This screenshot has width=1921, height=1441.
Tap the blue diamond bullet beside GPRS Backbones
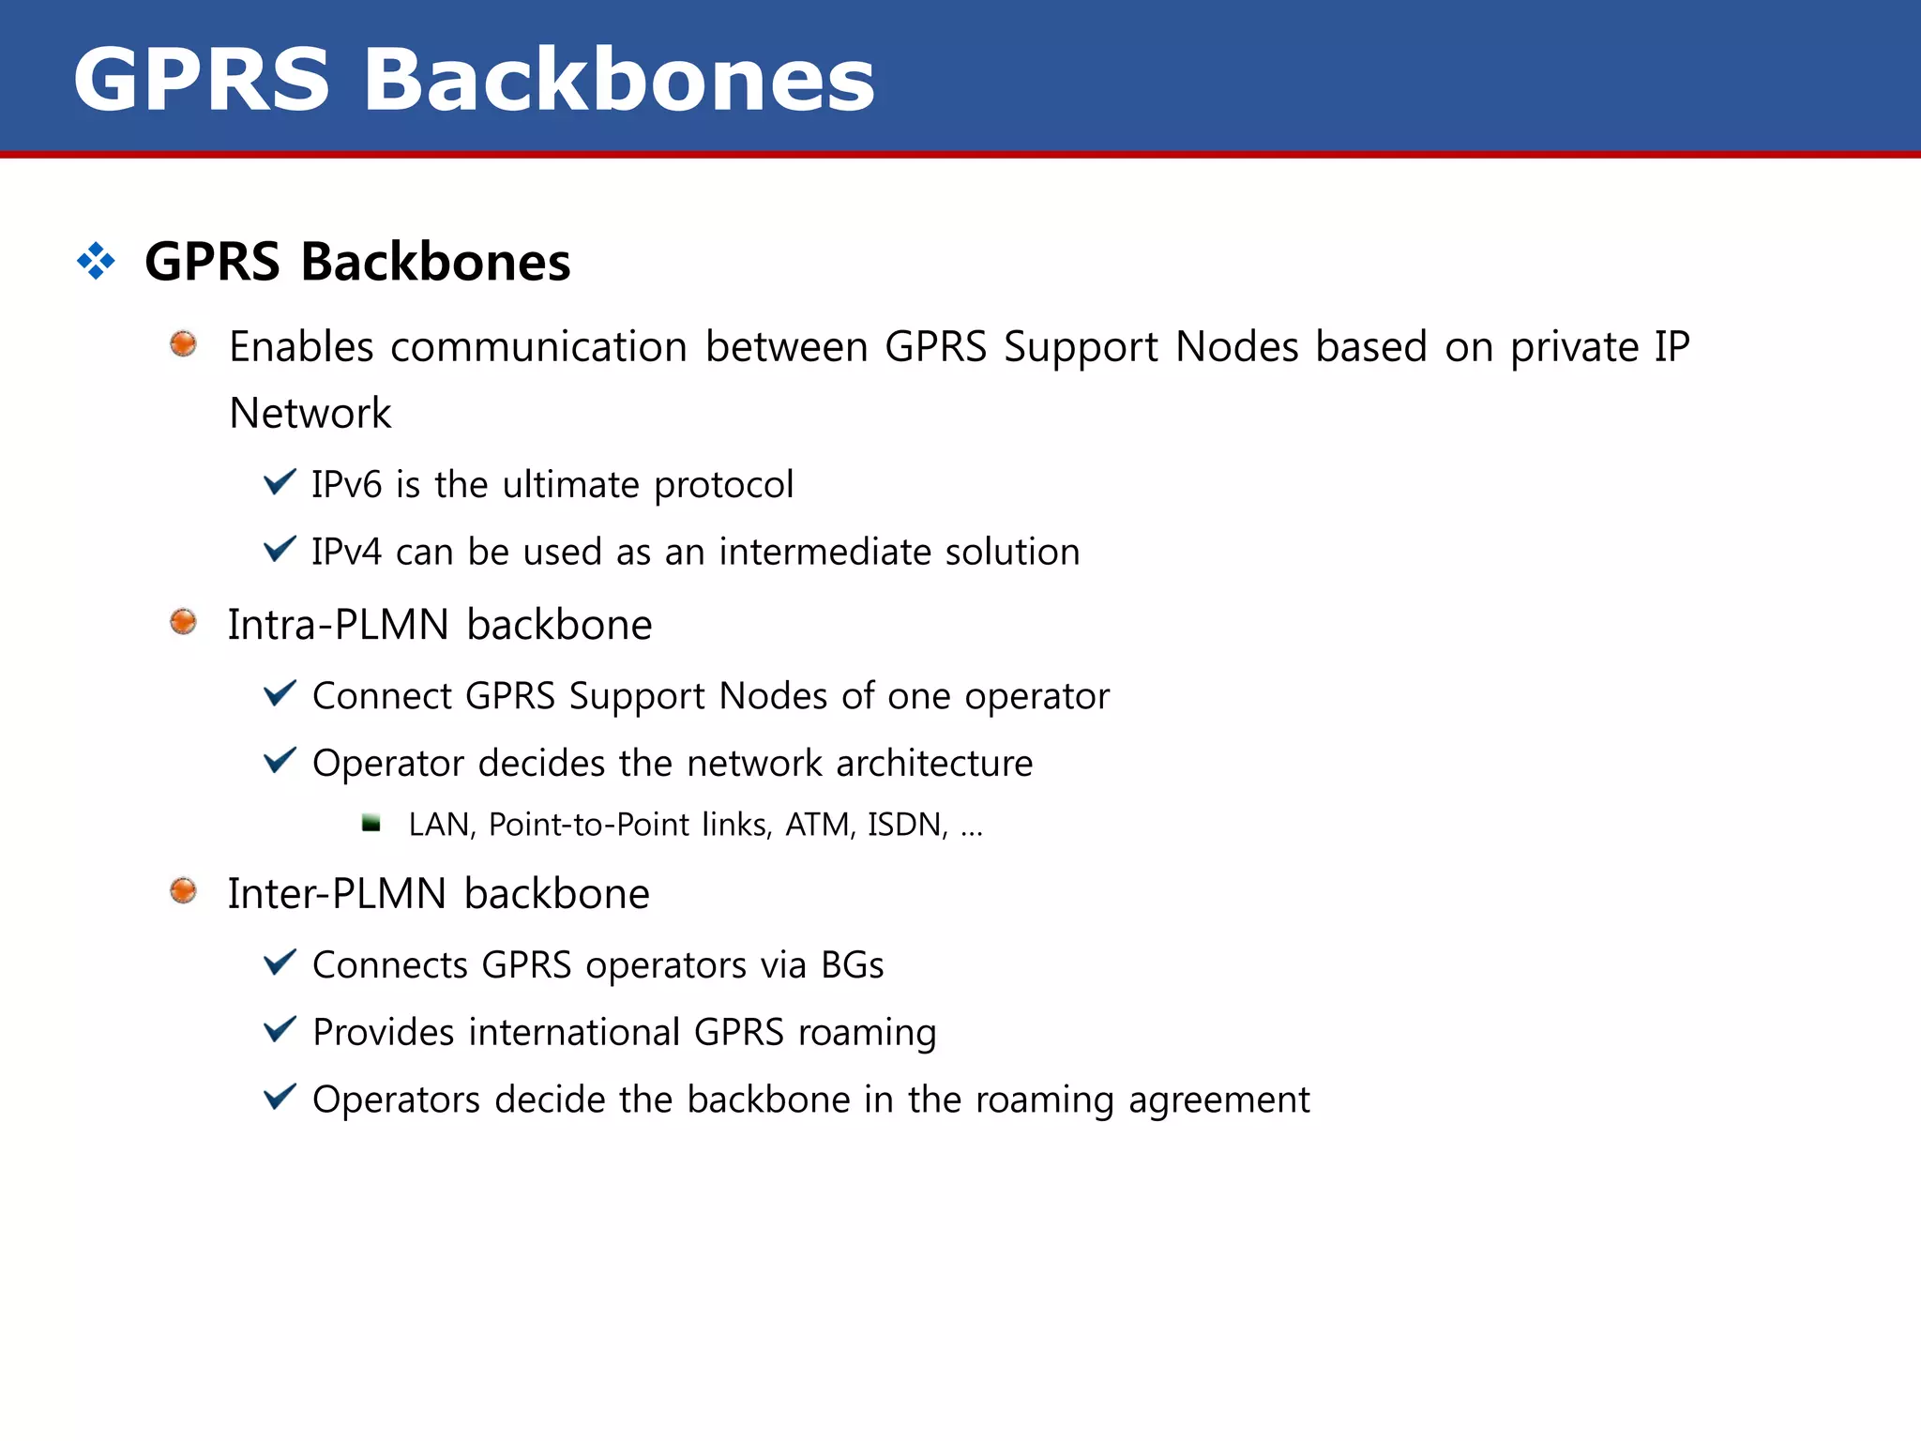[96, 261]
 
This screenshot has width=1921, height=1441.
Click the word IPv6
[346, 485]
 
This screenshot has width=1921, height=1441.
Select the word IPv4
[346, 553]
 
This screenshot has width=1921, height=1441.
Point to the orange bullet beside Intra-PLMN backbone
[183, 622]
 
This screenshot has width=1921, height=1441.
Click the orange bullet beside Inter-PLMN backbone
[183, 890]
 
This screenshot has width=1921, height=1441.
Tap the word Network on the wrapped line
[310, 414]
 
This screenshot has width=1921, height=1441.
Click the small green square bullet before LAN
[371, 824]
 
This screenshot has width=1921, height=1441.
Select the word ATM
[819, 825]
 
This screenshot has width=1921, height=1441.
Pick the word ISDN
[906, 825]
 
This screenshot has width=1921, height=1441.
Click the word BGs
[852, 965]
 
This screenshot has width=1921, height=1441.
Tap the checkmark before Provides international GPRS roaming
[280, 1029]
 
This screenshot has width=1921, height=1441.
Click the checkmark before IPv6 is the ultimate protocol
[280, 482]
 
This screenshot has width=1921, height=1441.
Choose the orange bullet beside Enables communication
[183, 344]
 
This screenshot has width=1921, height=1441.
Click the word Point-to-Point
[589, 825]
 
